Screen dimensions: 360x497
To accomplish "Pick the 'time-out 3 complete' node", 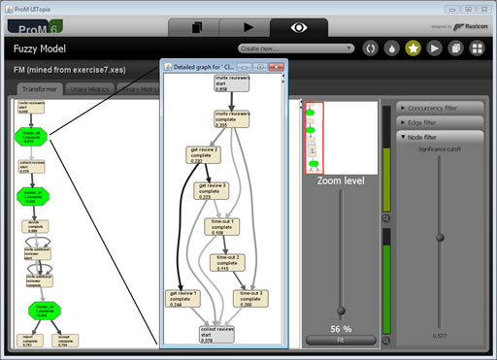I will (x=251, y=297).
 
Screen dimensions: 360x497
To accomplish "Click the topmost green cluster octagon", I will (x=30, y=136).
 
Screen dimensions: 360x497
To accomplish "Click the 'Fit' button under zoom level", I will (x=341, y=339).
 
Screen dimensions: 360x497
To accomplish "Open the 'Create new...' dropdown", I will (x=295, y=48).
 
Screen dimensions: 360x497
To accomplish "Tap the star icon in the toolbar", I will (x=413, y=48).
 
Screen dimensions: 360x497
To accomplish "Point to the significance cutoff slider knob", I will (x=441, y=237).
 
